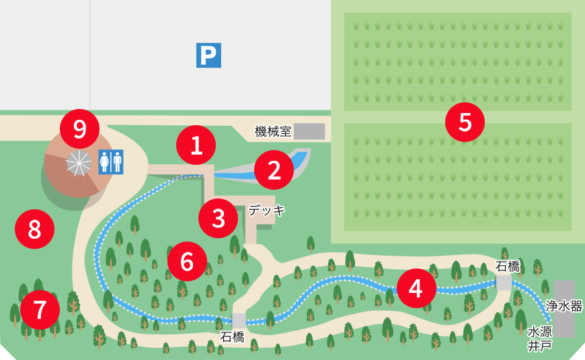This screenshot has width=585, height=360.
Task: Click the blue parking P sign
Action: coord(208,55)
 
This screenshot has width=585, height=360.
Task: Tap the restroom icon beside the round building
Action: coord(112,162)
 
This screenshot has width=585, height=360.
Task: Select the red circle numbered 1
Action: coord(196,145)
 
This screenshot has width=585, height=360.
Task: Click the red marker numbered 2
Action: coord(274,170)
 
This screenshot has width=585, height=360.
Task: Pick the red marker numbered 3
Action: coord(219,218)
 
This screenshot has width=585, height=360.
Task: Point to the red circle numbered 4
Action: coord(416,288)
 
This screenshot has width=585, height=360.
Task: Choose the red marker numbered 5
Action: coord(465,122)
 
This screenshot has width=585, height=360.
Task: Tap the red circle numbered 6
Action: coord(187,261)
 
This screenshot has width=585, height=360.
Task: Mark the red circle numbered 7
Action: coord(40,310)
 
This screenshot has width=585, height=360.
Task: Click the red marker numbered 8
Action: coord(34,229)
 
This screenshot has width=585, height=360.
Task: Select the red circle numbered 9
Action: coord(79,129)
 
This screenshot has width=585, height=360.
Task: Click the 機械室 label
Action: coord(272,131)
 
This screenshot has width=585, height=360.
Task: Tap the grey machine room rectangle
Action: coord(309,131)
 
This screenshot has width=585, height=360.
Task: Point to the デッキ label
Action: coord(267,210)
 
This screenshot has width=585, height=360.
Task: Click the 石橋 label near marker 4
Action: coord(508,266)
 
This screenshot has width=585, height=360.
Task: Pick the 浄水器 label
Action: coord(564,305)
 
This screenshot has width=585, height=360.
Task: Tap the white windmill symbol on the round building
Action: coord(79,164)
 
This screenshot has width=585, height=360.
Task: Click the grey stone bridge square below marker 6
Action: coord(239,320)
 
